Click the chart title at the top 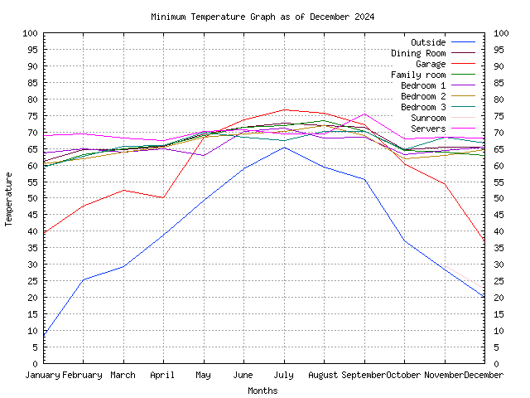263,17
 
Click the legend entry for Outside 428,42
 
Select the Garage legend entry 431,64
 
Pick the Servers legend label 428,129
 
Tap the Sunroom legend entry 428,118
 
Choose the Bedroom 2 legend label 423,96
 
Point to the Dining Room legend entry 418,53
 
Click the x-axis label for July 284,375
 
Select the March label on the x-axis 123,375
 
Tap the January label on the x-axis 43,375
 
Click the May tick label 204,375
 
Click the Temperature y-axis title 10,199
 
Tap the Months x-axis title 263,391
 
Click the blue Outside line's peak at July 284,147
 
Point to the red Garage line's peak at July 284,109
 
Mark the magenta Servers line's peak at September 364,114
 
